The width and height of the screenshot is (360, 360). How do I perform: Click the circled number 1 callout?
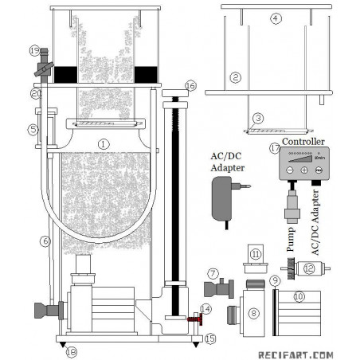pos(103,143)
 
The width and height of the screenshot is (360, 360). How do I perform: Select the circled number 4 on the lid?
pos(275,18)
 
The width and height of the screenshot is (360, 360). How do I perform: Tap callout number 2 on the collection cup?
pos(235,77)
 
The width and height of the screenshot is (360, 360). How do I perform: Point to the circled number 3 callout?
pos(257,119)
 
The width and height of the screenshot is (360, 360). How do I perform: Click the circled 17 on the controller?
pos(272,147)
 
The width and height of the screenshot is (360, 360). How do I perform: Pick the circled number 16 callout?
pos(190,86)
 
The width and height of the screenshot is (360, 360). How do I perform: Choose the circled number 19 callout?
pos(34,51)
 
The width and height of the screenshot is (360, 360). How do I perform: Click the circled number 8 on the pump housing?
pos(254,313)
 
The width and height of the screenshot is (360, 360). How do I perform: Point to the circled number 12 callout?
pos(309,268)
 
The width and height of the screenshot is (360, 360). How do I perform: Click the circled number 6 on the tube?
pos(45,241)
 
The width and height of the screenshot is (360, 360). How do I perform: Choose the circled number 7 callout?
pos(213,274)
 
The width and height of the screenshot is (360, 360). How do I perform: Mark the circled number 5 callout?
pos(33,129)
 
